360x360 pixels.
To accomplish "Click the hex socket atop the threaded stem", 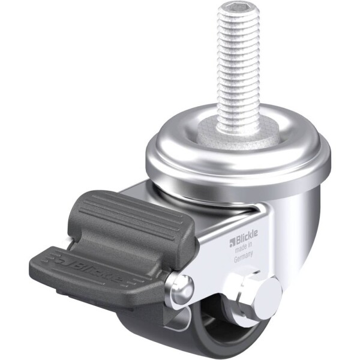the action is tap(238, 9).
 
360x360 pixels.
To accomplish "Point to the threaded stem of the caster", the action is tap(238, 67).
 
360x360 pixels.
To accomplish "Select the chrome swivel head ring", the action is tap(239, 156).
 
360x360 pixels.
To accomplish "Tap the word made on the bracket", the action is tap(241, 248).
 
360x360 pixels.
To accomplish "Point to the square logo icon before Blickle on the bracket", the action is tap(232, 242).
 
